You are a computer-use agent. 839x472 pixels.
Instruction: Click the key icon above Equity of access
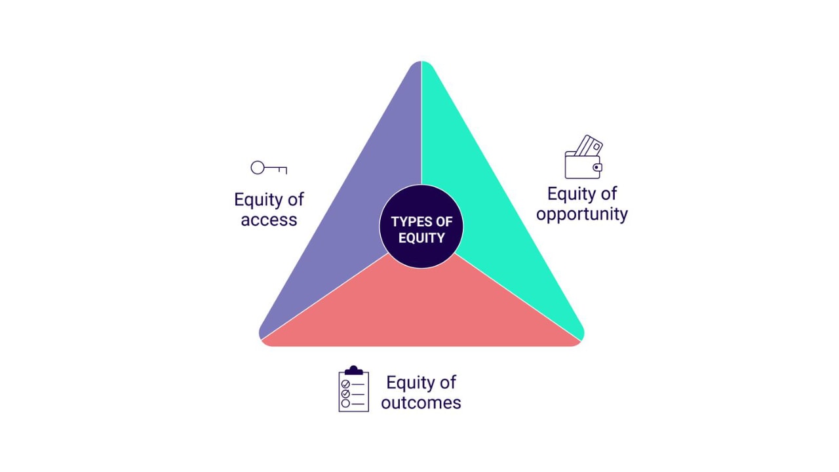coord(269,168)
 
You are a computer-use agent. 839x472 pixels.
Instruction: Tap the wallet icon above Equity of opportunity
coord(583,158)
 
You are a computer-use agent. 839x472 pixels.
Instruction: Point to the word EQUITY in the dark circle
coord(421,238)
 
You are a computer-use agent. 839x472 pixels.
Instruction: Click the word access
coord(269,220)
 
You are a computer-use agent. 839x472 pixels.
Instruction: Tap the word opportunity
coord(582,214)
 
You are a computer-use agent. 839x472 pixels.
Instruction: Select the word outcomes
coord(421,403)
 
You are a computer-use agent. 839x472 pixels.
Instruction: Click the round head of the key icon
coord(258,168)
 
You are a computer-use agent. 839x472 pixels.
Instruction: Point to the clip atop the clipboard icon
coord(354,370)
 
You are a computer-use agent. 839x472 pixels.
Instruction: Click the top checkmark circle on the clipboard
coord(345,384)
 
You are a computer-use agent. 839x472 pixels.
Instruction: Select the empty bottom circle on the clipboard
coord(345,403)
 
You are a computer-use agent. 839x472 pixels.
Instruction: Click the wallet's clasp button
coord(596,168)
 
